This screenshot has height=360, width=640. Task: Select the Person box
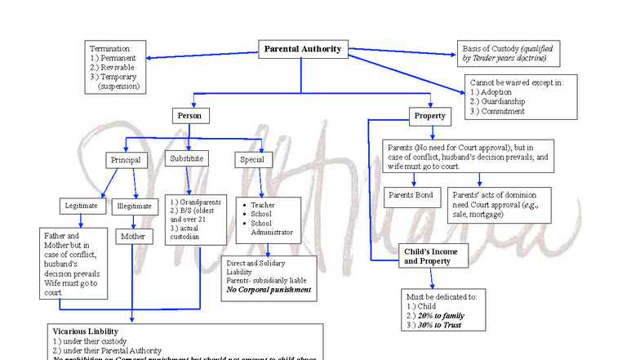[190, 116]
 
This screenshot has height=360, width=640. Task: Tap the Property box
[429, 116]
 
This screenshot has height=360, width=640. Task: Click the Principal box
[125, 160]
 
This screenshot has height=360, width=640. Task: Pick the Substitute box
[186, 158]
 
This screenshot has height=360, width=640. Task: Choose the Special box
[251, 160]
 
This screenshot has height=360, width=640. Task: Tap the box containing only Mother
[132, 237]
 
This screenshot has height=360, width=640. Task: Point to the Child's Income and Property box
[431, 256]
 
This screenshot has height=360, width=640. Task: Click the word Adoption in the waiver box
[496, 92]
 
